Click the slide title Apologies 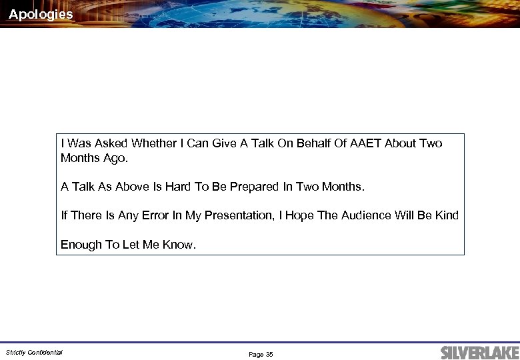pos(41,14)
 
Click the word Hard pos(177,187)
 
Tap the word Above pos(132,187)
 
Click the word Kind pos(446,215)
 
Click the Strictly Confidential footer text pos(34,352)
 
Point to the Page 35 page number pos(261,355)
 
